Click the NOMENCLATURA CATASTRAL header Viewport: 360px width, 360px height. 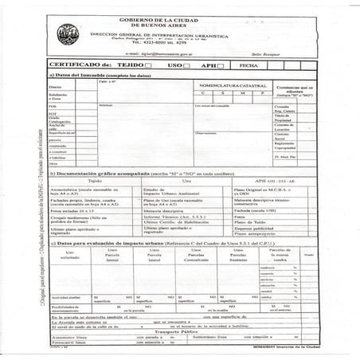point(231,83)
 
